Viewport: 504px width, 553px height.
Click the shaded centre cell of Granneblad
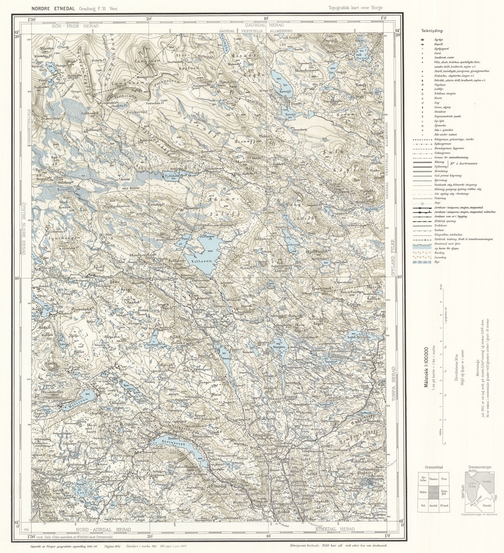(434, 492)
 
